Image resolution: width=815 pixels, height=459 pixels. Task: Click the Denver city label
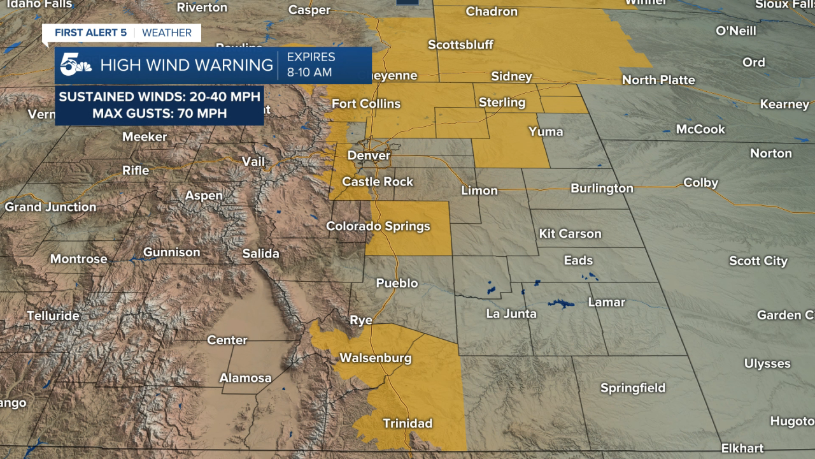(369, 156)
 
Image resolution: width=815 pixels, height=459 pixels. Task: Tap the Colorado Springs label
(378, 226)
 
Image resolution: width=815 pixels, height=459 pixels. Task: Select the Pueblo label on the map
(397, 283)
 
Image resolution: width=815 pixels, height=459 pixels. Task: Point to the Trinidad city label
(407, 423)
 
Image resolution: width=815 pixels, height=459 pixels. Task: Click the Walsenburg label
(375, 358)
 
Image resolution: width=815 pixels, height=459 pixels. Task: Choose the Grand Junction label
(50, 207)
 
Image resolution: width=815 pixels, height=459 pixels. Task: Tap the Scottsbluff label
(460, 45)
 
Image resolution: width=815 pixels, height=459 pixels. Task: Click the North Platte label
(658, 80)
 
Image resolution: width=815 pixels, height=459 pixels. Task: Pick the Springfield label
(632, 388)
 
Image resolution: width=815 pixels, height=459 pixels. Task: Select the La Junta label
(511, 314)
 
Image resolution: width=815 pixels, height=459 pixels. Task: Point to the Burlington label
(602, 189)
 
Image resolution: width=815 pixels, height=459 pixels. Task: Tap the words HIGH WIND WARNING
(187, 65)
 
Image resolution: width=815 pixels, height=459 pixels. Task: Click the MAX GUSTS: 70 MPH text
(159, 114)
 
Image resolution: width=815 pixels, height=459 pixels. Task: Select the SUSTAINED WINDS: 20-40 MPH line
(159, 97)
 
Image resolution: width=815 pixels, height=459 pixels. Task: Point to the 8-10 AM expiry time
(309, 72)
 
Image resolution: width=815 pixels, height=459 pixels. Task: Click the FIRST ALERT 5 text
(90, 33)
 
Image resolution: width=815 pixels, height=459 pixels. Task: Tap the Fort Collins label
(366, 104)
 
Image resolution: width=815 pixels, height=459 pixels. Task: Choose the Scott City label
(758, 261)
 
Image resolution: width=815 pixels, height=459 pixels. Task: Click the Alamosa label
(245, 378)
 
